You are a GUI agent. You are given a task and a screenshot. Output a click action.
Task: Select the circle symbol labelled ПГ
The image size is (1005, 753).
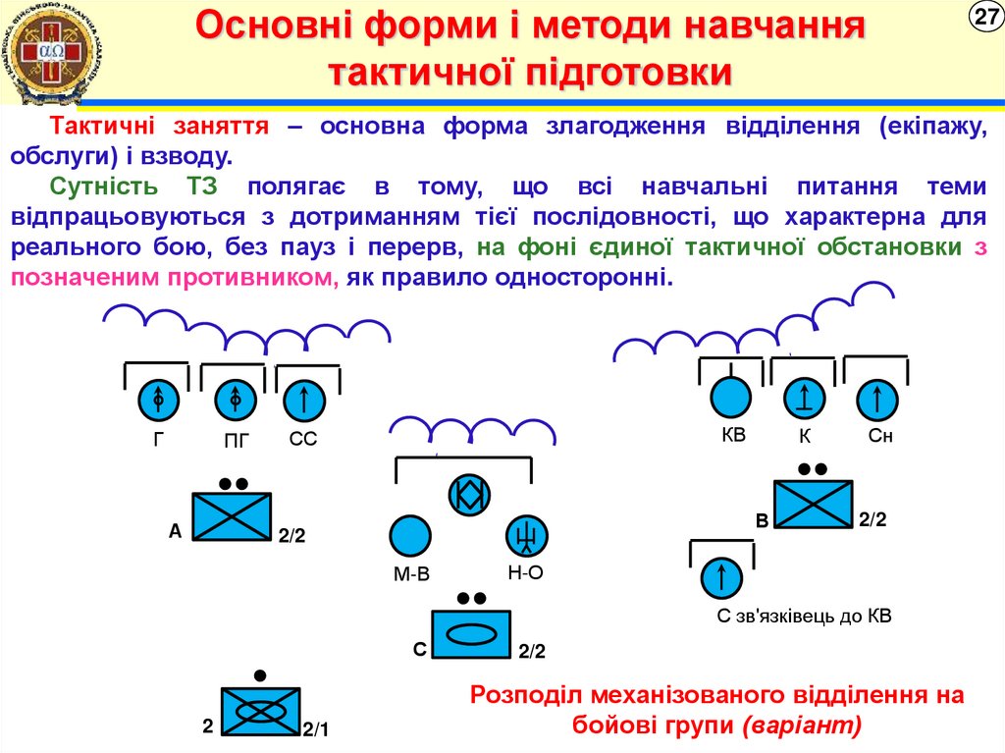pyautogui.click(x=235, y=400)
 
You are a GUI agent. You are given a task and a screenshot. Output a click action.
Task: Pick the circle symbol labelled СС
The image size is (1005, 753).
pyautogui.click(x=305, y=400)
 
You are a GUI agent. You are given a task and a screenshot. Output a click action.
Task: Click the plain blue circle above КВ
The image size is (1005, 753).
pyautogui.click(x=730, y=398)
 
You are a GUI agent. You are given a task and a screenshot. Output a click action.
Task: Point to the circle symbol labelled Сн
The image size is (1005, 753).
pyautogui.click(x=876, y=400)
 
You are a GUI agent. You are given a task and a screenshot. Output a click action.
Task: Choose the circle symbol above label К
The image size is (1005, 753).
pyautogui.click(x=804, y=399)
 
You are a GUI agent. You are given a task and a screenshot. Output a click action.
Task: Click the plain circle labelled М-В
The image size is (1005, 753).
pyautogui.click(x=410, y=536)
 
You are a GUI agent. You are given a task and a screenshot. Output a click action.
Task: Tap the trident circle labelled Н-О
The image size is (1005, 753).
pyautogui.click(x=527, y=535)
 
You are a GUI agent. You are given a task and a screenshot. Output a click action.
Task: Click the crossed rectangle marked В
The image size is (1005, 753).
pyautogui.click(x=814, y=505)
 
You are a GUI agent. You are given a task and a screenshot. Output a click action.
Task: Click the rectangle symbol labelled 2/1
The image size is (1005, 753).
pyautogui.click(x=260, y=711)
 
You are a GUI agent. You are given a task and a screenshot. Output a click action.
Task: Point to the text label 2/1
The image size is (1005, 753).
pyautogui.click(x=316, y=729)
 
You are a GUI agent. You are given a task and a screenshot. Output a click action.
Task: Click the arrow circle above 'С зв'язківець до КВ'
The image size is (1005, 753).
pyautogui.click(x=721, y=577)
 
